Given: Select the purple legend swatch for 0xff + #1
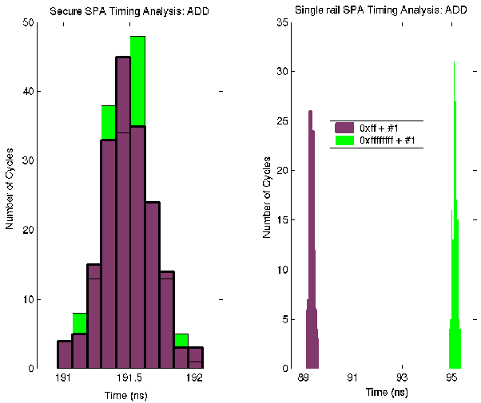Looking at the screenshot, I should [344, 127].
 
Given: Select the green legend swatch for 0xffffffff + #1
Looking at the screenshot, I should [344, 140].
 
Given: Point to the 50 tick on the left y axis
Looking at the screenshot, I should [28, 22].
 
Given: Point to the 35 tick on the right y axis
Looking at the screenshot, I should [282, 22].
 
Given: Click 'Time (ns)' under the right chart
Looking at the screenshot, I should [387, 392].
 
